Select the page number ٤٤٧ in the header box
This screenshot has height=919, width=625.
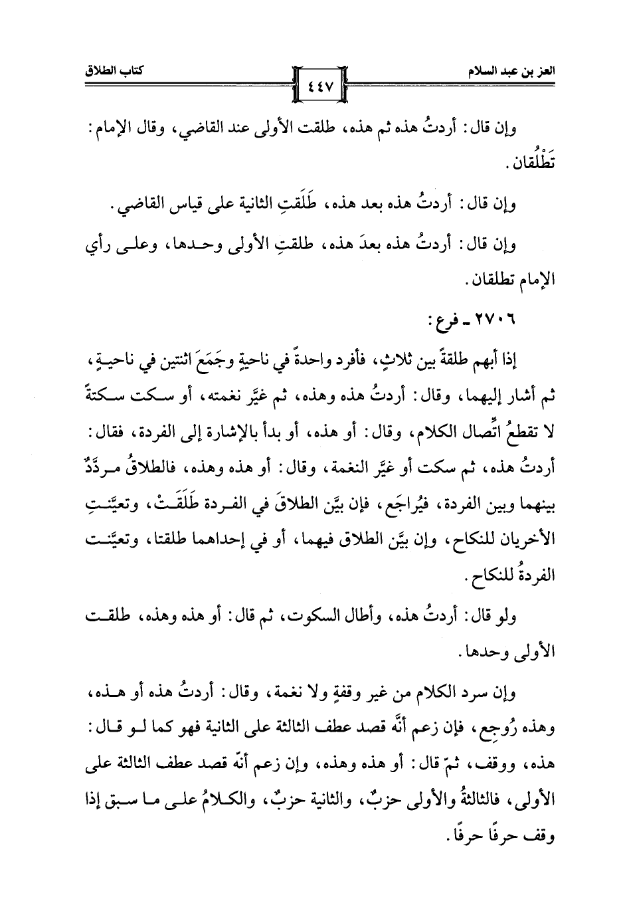pos(321,86)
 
